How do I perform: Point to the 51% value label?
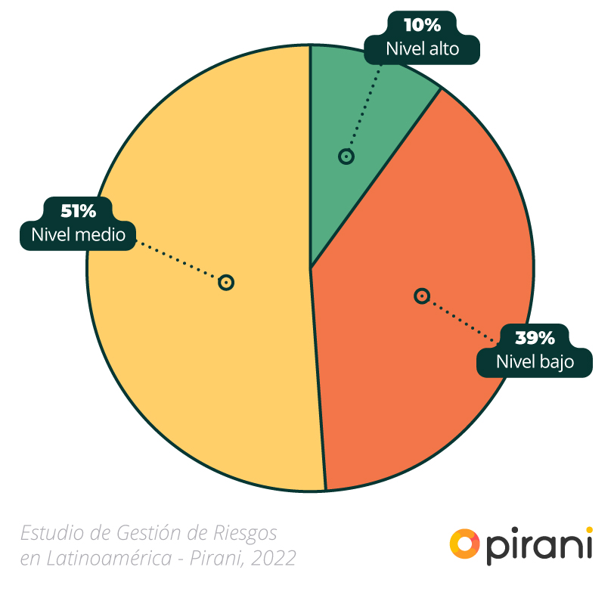tap(78, 211)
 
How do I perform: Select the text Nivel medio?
tap(78, 235)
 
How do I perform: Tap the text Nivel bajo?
tap(535, 361)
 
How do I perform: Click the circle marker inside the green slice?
tap(346, 156)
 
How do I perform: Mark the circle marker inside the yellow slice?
tap(225, 282)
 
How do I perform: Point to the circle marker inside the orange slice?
tap(422, 296)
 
